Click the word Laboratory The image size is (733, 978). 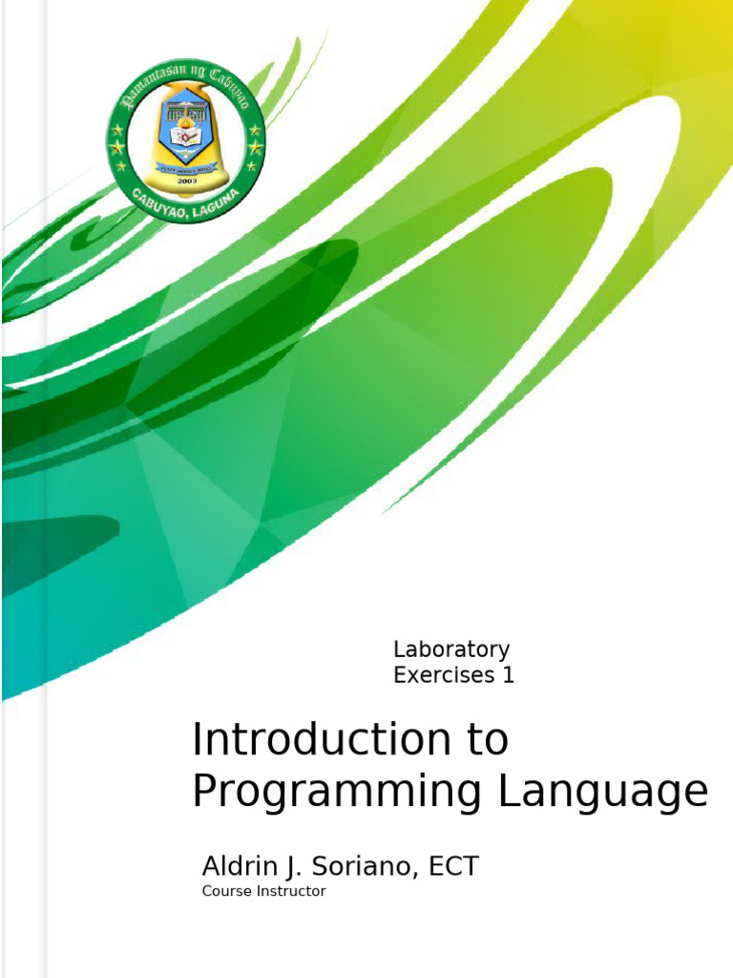[450, 650]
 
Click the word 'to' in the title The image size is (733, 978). [487, 740]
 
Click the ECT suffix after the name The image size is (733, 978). [454, 867]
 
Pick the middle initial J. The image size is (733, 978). [292, 867]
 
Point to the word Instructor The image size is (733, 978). [288, 891]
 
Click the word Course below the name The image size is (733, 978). [223, 891]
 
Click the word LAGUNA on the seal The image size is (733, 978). [224, 201]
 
